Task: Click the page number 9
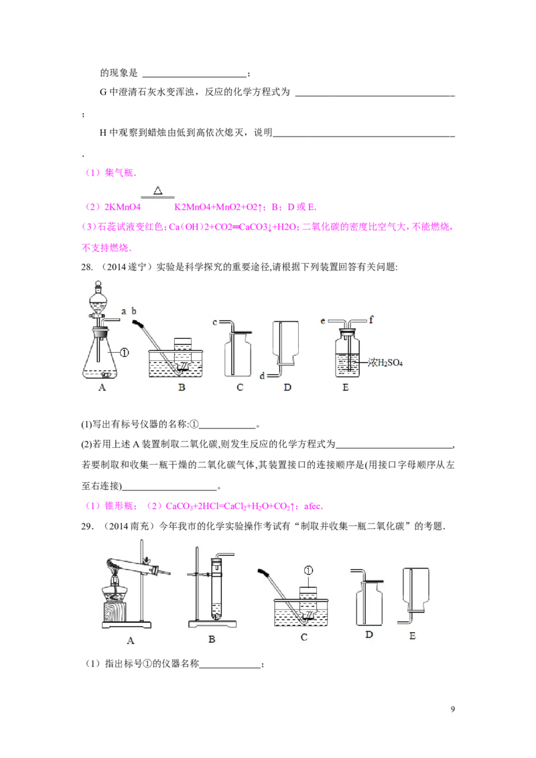click(x=452, y=709)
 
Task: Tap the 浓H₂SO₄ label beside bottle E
click(x=385, y=362)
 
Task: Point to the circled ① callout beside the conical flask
click(x=125, y=353)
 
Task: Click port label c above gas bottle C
click(x=215, y=321)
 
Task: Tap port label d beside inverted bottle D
click(x=262, y=376)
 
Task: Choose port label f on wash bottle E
click(x=371, y=319)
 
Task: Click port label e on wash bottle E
click(x=323, y=321)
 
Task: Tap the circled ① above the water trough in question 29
click(x=309, y=571)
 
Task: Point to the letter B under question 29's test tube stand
click(x=212, y=639)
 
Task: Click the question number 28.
click(x=86, y=267)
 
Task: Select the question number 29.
click(x=86, y=526)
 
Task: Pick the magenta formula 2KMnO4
click(x=122, y=208)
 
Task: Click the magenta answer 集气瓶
click(x=119, y=173)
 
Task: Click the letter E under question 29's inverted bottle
click(x=412, y=635)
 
